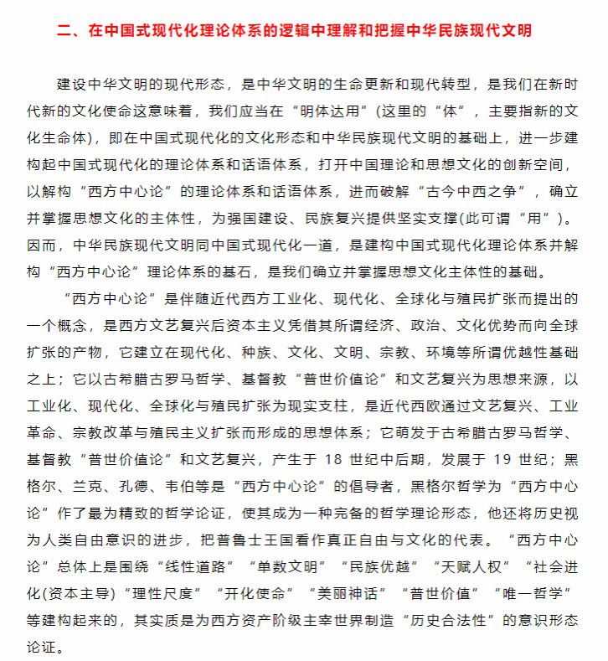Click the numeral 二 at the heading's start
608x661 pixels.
(63, 31)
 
